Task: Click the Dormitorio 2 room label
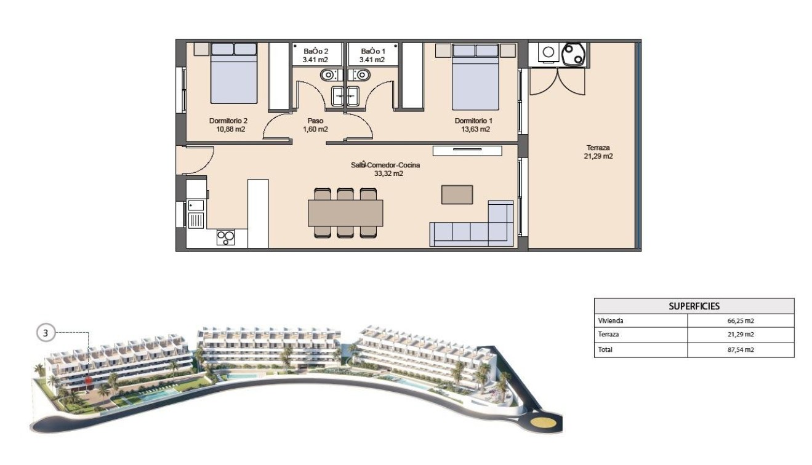(227, 121)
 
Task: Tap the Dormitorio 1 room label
(472, 121)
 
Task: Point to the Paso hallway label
(315, 121)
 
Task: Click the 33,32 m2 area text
(388, 173)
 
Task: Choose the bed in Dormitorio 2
(233, 73)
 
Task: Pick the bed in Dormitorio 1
(475, 76)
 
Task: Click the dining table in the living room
(345, 213)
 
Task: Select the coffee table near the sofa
(457, 194)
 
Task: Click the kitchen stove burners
(225, 237)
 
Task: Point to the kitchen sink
(196, 219)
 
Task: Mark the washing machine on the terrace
(547, 52)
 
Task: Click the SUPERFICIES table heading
(694, 306)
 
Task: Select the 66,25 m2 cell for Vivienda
(741, 320)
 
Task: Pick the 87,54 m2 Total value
(741, 349)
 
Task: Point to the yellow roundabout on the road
(542, 423)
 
